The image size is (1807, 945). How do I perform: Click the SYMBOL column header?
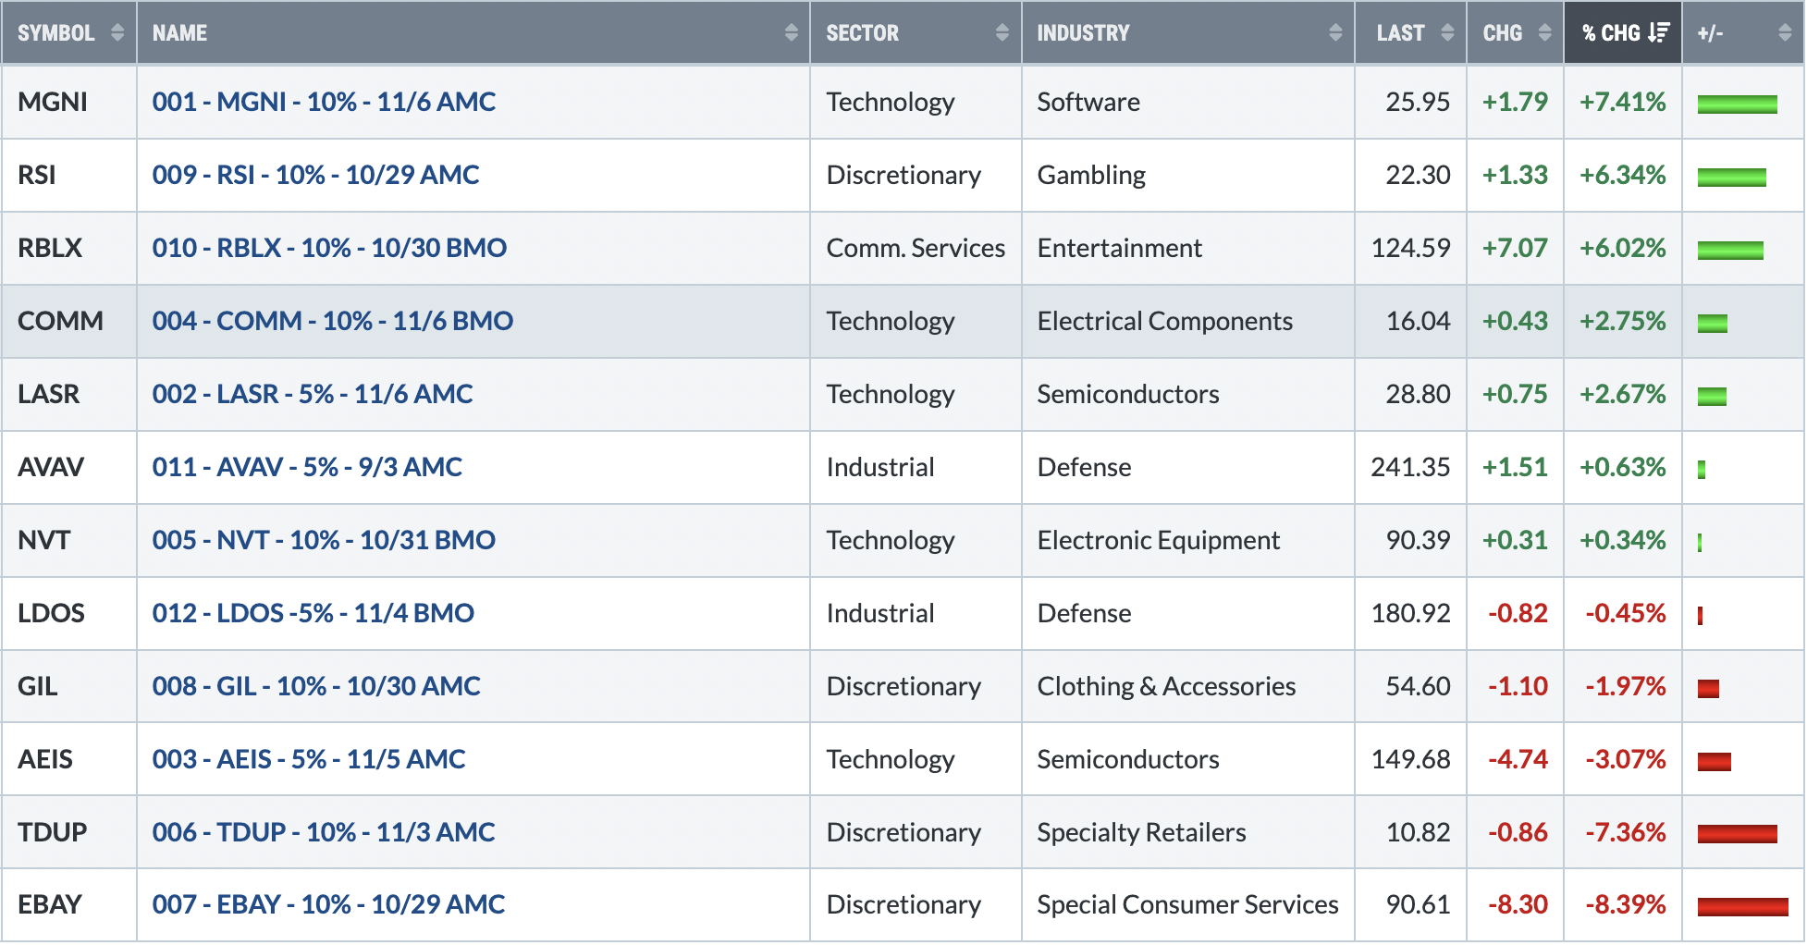[55, 33]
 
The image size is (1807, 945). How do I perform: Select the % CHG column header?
[1610, 33]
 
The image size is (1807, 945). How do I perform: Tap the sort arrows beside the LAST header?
[1447, 33]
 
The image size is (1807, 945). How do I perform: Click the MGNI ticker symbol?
[53, 102]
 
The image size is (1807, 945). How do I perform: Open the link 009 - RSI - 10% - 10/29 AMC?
[315, 175]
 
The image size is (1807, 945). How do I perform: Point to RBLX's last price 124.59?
[1410, 248]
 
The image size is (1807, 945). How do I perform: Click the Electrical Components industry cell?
[1164, 321]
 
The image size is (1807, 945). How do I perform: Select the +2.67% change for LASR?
[1622, 394]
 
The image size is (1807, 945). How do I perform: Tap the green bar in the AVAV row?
[1702, 469]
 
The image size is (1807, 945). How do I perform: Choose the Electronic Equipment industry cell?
[1158, 540]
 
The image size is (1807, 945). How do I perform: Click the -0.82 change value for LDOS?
[1518, 613]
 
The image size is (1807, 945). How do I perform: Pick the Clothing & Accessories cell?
[1166, 686]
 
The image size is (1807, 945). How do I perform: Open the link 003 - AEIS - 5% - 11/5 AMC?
[309, 759]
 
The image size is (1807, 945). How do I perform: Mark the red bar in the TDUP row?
[1737, 834]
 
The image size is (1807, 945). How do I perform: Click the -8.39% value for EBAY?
[1625, 904]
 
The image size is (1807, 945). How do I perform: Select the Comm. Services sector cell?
[916, 248]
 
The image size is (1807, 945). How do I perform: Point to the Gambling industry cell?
[1091, 175]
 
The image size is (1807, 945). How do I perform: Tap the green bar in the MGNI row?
[1737, 104]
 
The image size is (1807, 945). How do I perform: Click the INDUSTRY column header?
[1083, 33]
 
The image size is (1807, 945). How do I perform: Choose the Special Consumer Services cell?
[1187, 904]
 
